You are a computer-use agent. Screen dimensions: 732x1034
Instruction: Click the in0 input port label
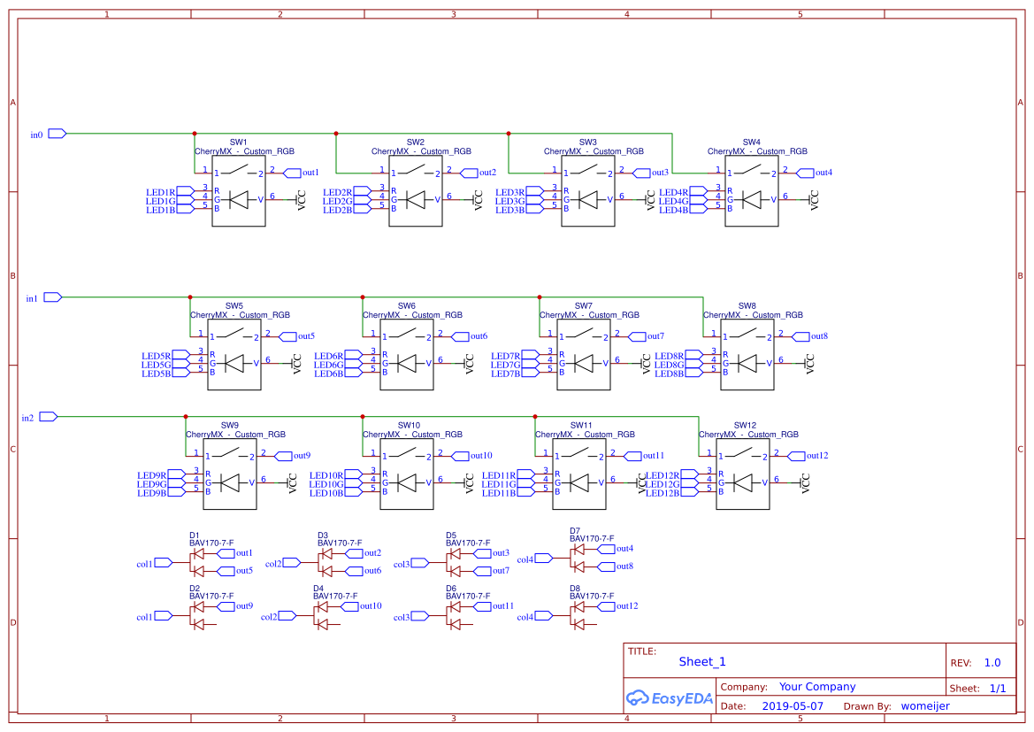[36, 135]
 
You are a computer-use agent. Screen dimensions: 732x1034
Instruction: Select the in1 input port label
[32, 298]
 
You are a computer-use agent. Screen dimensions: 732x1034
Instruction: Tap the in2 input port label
[27, 418]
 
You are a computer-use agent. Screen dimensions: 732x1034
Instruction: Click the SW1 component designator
[239, 143]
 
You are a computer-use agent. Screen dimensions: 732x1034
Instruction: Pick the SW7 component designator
[584, 306]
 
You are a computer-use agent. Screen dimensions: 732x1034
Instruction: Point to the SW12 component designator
[746, 426]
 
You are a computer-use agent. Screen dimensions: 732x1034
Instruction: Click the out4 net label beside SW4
[823, 173]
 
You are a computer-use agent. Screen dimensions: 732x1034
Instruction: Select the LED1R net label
[160, 192]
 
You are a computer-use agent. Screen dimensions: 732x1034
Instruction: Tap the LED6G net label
[328, 365]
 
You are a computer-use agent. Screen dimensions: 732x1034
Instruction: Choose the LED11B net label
[498, 493]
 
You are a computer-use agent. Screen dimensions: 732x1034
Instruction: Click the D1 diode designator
[195, 536]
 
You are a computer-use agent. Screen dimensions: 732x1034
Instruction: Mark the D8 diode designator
[575, 588]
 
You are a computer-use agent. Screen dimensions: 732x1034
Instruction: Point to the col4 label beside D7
[525, 559]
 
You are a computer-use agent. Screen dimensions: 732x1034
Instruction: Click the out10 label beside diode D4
[371, 606]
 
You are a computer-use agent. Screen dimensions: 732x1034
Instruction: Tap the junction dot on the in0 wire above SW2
[336, 134]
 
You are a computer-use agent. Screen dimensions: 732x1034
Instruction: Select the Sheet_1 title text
[702, 661]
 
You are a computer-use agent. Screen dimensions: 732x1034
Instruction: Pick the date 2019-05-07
[793, 706]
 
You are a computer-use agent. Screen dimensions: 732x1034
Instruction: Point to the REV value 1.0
[992, 662]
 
